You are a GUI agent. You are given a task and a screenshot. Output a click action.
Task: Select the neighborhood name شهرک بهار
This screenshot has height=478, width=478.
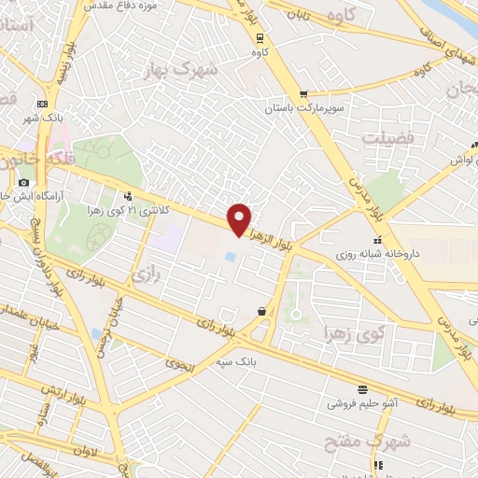(182, 69)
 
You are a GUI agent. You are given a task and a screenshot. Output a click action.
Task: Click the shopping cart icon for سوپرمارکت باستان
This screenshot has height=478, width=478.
(303, 94)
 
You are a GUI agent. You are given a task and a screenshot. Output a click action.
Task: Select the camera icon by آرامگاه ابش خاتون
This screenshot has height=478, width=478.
(23, 182)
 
